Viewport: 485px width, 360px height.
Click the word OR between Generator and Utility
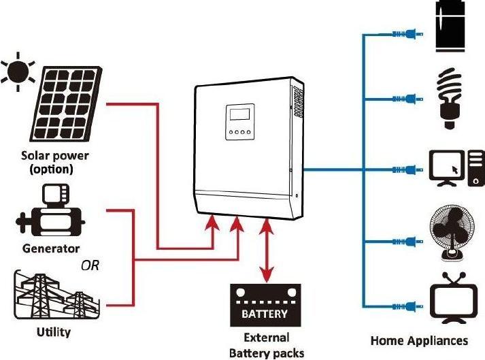(x=90, y=265)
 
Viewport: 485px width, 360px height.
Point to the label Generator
(x=51, y=248)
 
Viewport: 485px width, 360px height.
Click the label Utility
(x=53, y=333)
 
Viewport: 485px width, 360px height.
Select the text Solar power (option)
(x=55, y=162)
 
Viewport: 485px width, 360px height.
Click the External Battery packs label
(x=266, y=345)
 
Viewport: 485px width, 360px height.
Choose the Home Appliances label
(x=419, y=340)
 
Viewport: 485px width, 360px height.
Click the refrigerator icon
(x=450, y=26)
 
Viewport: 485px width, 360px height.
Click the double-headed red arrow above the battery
(x=264, y=248)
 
